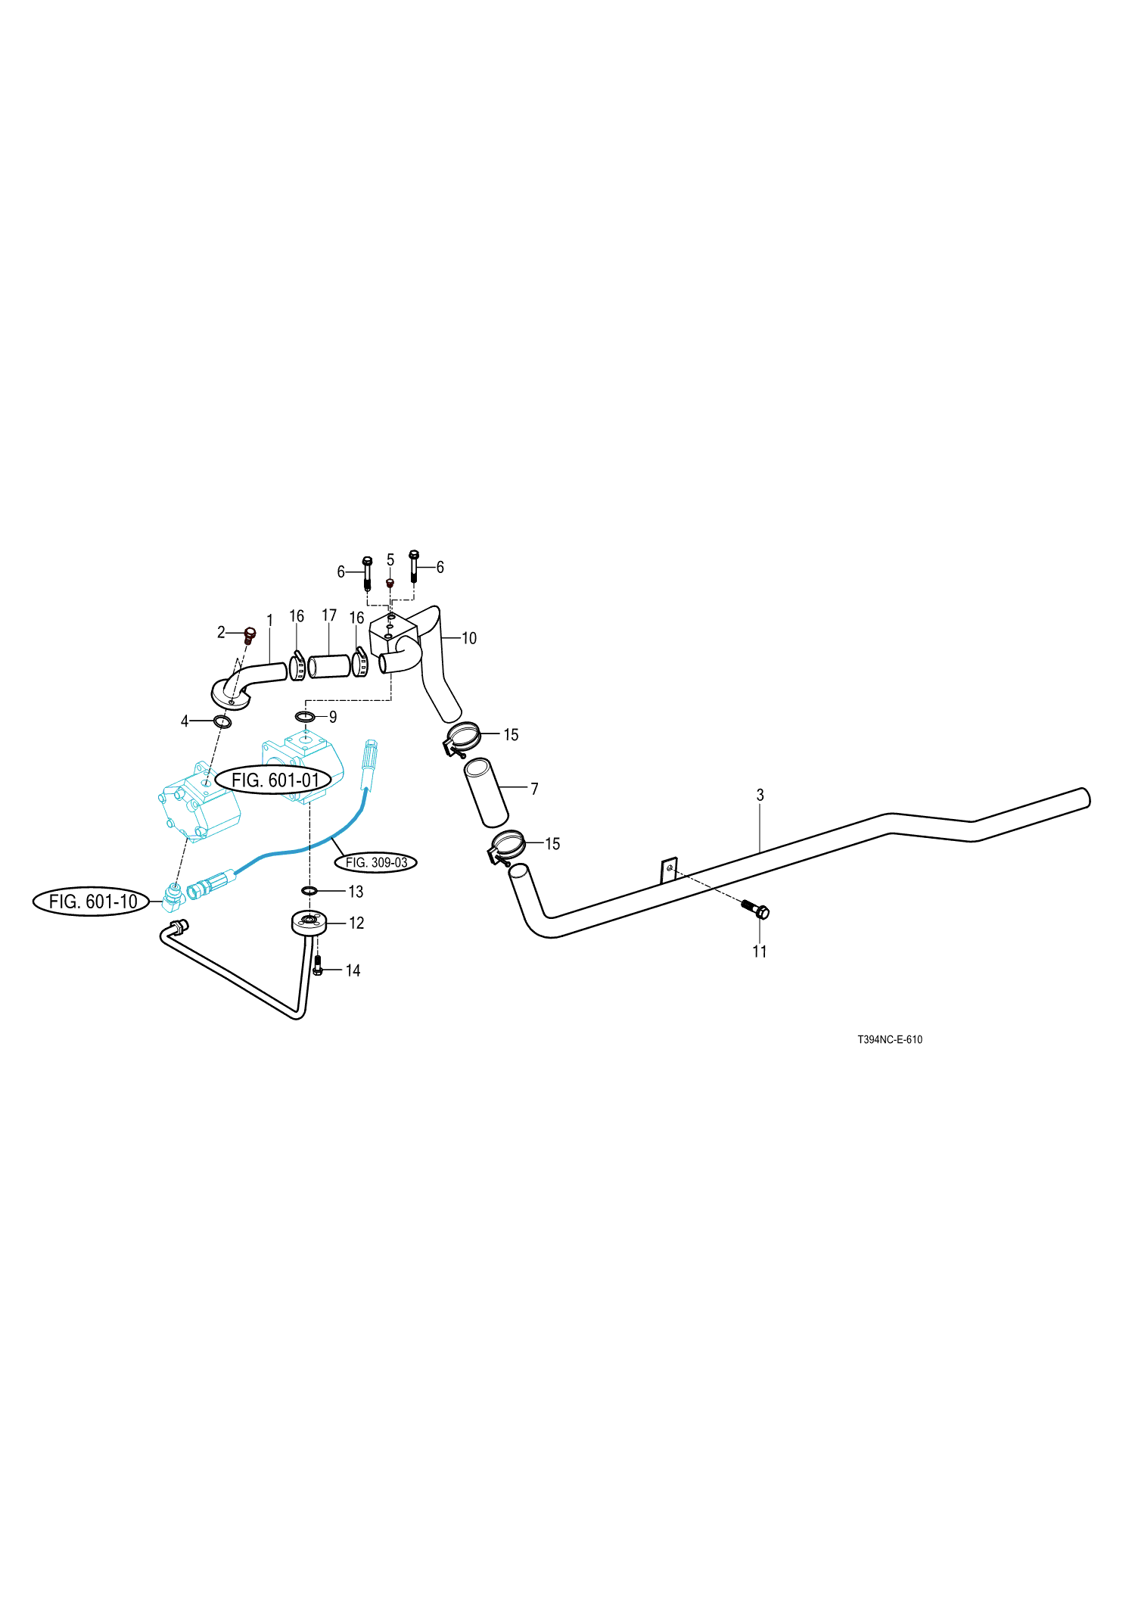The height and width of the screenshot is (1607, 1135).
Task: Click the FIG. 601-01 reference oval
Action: tap(274, 780)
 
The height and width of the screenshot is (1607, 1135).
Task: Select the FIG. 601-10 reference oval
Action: tap(92, 902)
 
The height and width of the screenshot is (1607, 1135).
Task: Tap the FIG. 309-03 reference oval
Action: tap(376, 862)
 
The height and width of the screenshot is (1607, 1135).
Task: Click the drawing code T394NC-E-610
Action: tap(889, 1039)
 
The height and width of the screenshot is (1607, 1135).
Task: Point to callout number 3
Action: tap(760, 795)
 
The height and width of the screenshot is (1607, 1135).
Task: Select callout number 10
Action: tap(469, 638)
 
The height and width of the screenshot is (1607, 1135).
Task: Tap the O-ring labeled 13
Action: tap(309, 890)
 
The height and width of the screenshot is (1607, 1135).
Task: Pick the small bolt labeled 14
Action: tap(318, 966)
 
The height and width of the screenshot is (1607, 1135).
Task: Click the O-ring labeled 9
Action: tap(305, 716)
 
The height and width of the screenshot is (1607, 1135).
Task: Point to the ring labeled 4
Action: tap(222, 721)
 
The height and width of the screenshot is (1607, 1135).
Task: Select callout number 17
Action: tap(329, 615)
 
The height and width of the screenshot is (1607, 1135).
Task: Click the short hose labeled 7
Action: tap(486, 792)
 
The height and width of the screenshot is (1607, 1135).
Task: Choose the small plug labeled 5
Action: tap(390, 584)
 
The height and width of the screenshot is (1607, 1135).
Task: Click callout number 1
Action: tap(269, 621)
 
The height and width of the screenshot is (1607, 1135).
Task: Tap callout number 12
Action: tap(356, 923)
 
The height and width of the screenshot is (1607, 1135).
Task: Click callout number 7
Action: tap(534, 789)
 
